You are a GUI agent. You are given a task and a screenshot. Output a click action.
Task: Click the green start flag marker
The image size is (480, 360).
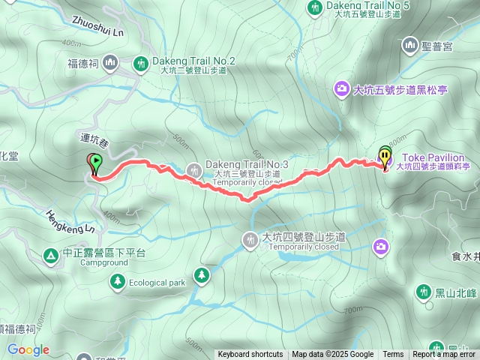97,161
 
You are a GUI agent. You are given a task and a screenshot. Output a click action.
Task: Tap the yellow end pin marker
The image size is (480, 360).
385,157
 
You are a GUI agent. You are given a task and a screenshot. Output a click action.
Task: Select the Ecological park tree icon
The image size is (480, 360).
117,281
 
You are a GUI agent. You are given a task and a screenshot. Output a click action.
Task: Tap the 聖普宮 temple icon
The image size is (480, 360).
410,46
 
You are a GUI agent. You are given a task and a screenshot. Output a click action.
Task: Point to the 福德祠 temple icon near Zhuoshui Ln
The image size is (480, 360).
111,61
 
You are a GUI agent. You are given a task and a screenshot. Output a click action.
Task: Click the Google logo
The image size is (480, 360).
28,349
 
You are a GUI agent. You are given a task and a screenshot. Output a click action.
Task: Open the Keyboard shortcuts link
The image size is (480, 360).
250,355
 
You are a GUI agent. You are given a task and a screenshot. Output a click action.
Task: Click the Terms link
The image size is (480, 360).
393,355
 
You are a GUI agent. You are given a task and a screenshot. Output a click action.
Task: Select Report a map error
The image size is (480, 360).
444,355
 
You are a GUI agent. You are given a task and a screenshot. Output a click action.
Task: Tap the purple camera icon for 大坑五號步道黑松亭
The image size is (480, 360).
341,90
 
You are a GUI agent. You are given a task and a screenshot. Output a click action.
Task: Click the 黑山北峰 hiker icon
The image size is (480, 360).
423,291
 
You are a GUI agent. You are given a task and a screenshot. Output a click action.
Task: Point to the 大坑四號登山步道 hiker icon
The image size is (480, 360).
250,239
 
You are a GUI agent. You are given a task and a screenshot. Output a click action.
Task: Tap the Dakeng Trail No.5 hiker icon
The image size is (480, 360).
315,7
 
